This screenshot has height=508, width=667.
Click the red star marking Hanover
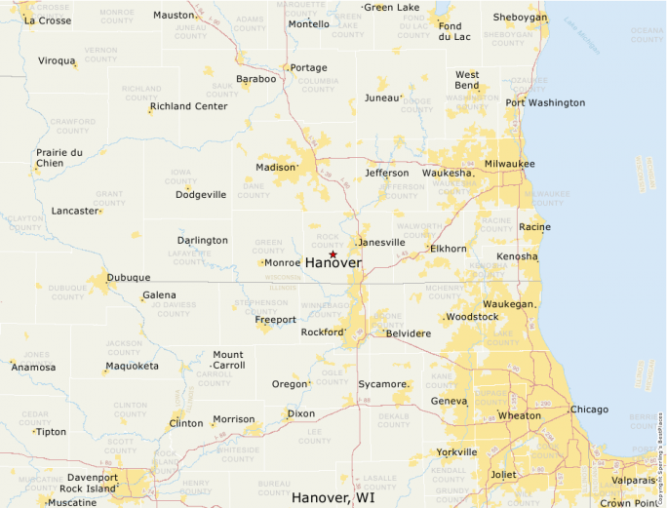coord(333,254)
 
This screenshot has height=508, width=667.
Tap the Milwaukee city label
coord(510,164)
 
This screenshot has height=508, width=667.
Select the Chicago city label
coord(589,410)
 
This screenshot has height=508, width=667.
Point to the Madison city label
coord(274,167)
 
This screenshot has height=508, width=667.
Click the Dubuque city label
coord(128,277)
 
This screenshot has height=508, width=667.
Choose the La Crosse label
coord(47,20)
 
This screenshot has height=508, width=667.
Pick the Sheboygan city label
coord(519,18)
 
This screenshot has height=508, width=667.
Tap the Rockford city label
coord(322,332)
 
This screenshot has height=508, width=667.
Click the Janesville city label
coord(381,242)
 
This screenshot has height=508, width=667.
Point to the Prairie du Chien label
coord(59,158)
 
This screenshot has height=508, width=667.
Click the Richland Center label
coord(188,106)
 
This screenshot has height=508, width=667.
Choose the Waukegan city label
coord(508,304)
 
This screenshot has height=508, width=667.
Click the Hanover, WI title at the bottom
coord(333,497)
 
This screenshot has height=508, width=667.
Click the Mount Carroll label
coord(228,360)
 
